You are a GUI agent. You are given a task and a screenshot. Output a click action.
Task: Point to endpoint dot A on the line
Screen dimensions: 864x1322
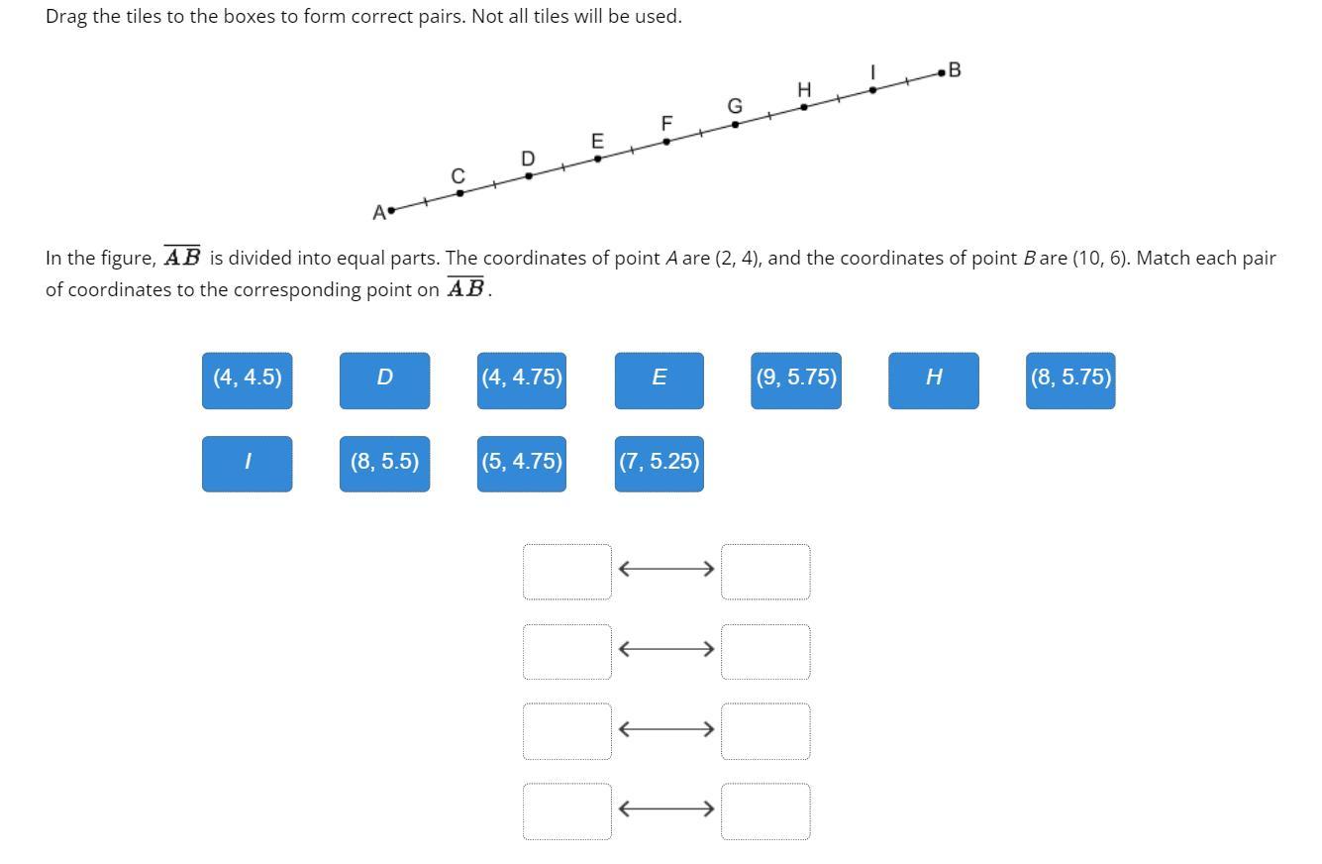click(392, 210)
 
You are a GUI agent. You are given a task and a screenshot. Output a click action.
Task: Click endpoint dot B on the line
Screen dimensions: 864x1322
click(941, 72)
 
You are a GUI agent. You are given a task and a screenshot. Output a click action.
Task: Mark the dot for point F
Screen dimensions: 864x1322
click(666, 142)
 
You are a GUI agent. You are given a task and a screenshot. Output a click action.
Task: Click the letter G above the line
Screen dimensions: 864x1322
click(735, 106)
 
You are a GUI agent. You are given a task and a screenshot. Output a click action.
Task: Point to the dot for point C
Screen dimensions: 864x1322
click(459, 193)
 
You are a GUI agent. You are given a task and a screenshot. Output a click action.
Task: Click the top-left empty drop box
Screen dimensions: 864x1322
click(567, 572)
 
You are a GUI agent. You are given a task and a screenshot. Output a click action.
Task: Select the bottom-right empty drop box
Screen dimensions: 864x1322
click(765, 811)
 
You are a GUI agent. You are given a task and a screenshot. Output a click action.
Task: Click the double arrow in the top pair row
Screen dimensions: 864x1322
click(666, 569)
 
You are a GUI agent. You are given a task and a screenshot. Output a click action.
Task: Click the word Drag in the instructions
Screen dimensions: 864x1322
click(66, 17)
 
